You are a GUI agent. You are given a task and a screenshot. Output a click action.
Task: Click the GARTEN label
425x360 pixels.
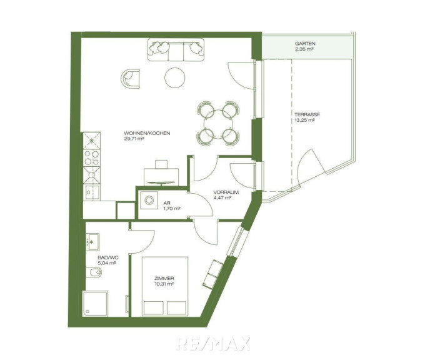(305, 43)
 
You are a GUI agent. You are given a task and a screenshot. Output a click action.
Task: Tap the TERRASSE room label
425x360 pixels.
(307, 114)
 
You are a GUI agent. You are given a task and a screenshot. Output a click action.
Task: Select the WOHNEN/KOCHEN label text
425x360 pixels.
(147, 133)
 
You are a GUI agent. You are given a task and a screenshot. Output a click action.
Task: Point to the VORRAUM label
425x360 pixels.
(226, 192)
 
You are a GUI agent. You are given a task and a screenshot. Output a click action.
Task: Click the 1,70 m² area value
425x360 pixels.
(172, 209)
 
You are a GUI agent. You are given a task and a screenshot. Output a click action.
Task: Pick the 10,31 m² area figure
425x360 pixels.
(164, 284)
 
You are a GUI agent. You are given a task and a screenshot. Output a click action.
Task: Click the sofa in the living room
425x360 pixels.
(176, 49)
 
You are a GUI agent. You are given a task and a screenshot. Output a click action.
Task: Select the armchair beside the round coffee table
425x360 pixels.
(131, 79)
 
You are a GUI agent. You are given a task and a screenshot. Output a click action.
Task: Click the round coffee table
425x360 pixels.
(175, 77)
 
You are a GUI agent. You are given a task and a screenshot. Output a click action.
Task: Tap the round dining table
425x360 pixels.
(218, 124)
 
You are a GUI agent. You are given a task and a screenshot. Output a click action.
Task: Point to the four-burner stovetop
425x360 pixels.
(92, 157)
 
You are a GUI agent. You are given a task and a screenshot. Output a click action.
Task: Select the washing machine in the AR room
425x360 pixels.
(149, 201)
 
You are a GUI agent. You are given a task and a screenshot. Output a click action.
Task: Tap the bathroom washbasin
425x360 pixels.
(92, 242)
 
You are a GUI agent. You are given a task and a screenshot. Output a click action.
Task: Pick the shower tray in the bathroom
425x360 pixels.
(95, 303)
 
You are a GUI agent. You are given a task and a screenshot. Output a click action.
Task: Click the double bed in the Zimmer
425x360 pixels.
(165, 286)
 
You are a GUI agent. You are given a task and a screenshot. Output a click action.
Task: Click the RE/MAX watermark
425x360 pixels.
(212, 344)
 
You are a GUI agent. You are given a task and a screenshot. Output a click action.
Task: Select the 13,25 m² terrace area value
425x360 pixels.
(304, 120)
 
